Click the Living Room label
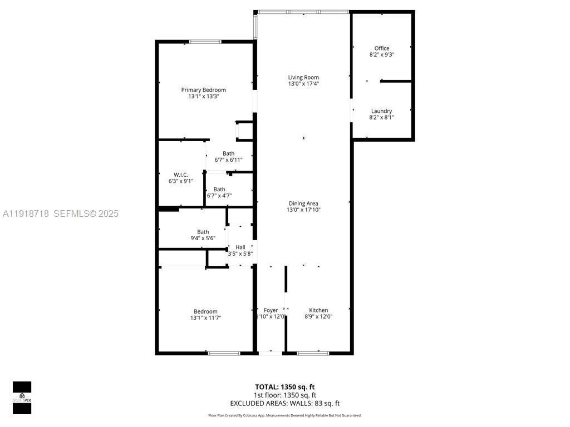303,77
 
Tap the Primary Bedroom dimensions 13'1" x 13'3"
204,96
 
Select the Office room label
382,48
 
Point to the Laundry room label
381,111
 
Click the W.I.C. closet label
181,175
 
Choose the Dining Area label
303,203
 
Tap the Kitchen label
318,310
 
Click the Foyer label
271,310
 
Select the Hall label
240,247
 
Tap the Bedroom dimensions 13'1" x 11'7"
205,318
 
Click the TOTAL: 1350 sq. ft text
284,387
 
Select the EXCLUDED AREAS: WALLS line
284,404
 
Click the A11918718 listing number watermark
26,213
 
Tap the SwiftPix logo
22,398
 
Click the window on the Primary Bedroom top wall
205,42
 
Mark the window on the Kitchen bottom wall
312,352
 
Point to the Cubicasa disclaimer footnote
284,415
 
